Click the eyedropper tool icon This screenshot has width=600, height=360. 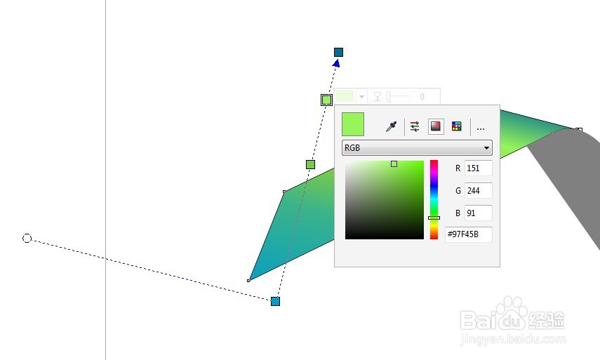coord(392,126)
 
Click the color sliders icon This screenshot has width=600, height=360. coord(415,126)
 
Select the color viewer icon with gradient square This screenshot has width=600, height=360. coord(436,126)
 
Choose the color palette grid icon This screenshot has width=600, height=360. coord(457,126)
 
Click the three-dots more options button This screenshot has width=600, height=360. coord(481,128)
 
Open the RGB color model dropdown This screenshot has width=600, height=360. coord(417,148)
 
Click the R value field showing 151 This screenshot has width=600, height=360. coord(478,168)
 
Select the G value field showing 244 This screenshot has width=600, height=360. coord(478,190)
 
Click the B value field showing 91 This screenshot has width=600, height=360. coord(478,213)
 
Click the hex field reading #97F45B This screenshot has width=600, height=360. coord(469,234)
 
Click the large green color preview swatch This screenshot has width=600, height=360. coord(353,124)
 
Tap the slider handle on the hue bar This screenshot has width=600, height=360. coord(434,218)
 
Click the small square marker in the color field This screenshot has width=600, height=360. coord(394,164)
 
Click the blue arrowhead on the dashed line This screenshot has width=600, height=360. coord(336,64)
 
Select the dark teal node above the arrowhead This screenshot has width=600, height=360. coord(338,52)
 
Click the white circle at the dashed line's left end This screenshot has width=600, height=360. coord(27,239)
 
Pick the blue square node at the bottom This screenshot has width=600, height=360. coord(275,301)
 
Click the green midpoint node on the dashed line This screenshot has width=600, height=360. coord(310,164)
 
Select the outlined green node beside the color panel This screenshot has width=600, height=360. coord(326,100)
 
